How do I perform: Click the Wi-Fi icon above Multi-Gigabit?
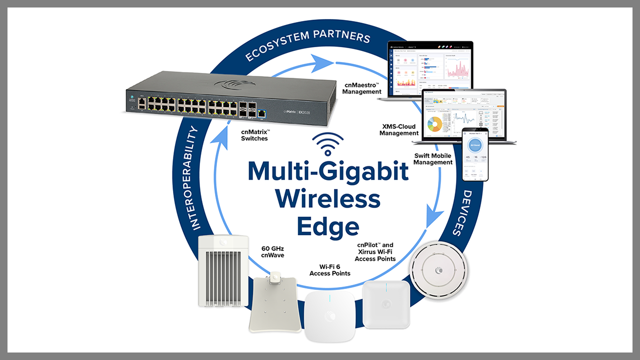point(328,144)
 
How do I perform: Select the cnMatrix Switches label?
point(254,135)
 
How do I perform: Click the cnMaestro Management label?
point(362,88)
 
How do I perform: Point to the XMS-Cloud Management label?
point(399,130)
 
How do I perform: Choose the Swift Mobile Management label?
point(433,159)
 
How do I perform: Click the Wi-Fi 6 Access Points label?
point(330,270)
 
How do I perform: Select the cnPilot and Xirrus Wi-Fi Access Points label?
point(375,252)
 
